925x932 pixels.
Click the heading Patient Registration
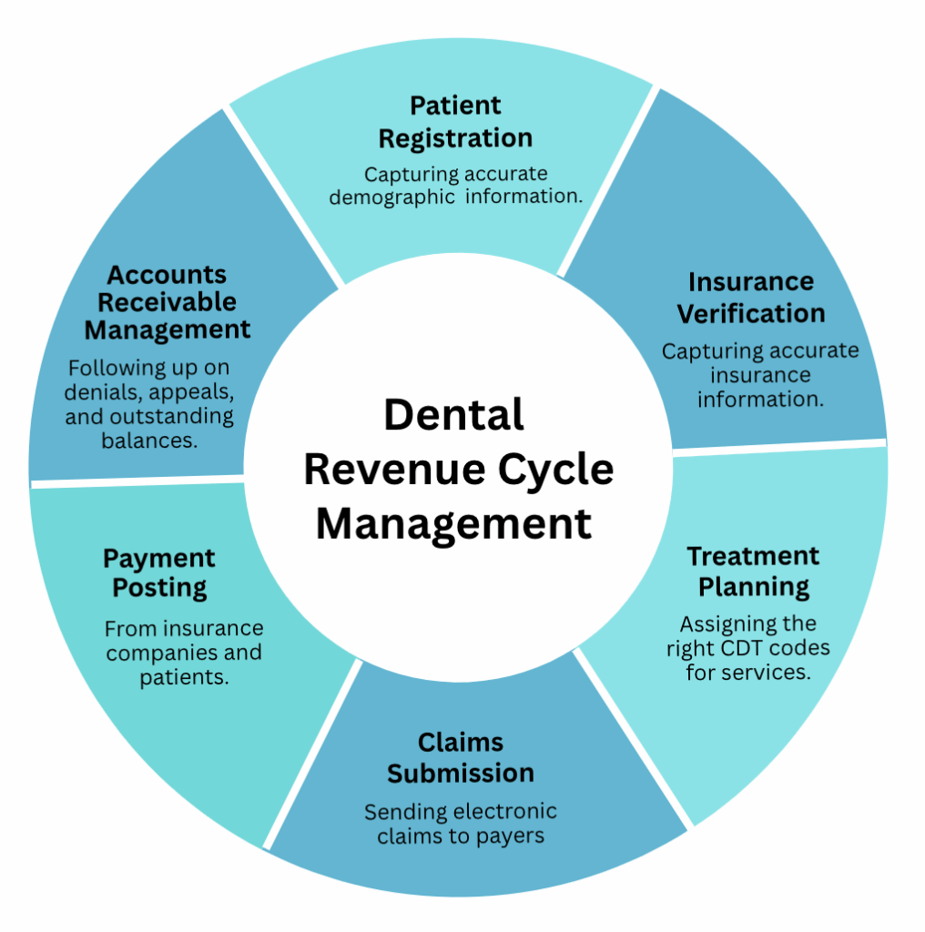[x=455, y=122]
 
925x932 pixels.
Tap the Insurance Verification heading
[x=751, y=298]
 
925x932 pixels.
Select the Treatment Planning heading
[x=753, y=571]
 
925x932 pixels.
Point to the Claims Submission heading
[x=461, y=757]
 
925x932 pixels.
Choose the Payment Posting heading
[x=159, y=572]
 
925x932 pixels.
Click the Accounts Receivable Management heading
[x=168, y=301]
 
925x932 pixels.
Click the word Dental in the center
[x=453, y=415]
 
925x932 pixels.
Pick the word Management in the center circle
[x=453, y=524]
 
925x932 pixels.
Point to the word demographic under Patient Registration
[x=392, y=197]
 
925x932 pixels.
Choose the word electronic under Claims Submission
[x=504, y=811]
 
